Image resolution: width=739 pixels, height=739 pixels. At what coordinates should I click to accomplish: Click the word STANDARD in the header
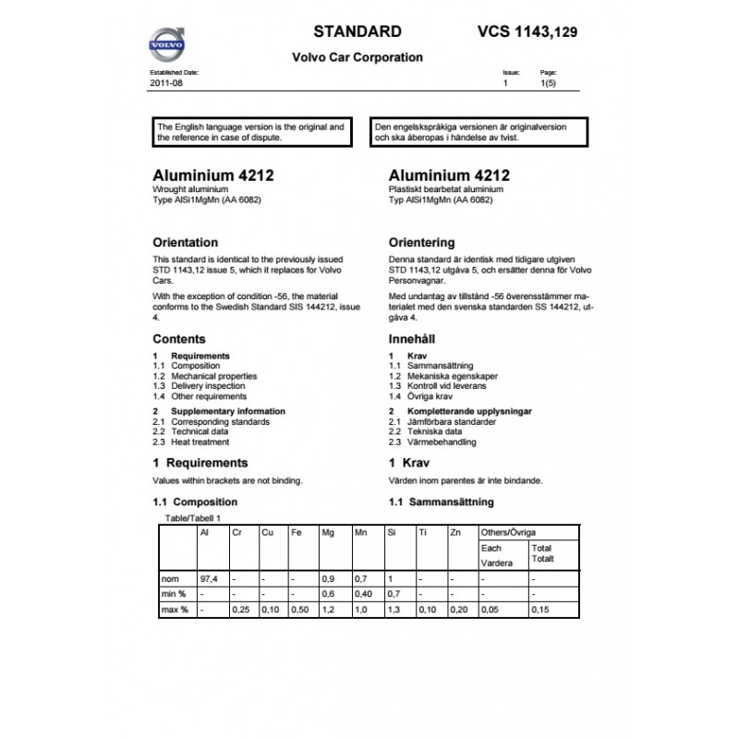coord(357,30)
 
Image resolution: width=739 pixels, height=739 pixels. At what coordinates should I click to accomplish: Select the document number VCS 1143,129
coord(529,30)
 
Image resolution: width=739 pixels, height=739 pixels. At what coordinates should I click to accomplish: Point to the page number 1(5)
coord(548,83)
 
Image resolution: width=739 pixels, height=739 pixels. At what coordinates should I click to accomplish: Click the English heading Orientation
coord(185,243)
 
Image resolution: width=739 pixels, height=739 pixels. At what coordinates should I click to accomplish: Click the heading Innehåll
coord(413,339)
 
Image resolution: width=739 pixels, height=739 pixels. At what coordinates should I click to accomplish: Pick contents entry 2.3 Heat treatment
coord(191,442)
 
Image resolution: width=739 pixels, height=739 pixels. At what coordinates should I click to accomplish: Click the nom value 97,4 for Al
coord(209,577)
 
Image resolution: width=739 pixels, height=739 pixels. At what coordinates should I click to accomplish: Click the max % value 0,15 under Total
coord(541,611)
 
